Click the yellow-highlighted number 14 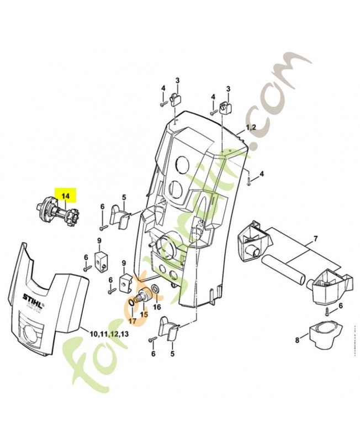[x=66, y=196]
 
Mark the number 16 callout [x=157, y=307]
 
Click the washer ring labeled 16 [x=157, y=288]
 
